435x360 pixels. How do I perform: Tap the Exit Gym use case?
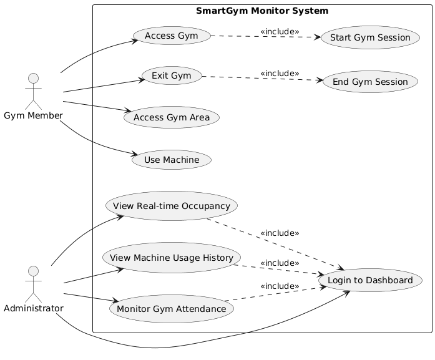coord(171,77)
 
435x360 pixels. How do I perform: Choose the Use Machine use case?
coord(172,160)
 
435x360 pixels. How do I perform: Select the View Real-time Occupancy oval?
coord(172,206)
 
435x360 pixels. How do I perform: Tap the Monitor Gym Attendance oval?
coord(172,308)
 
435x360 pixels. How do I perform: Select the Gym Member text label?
coord(34,115)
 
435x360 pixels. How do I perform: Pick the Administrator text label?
coord(34,309)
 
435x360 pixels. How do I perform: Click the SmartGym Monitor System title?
coord(261,11)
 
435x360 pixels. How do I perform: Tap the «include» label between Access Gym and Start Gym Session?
coord(279,32)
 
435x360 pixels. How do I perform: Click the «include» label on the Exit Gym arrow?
coord(279,73)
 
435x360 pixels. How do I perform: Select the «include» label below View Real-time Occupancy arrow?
coord(279,233)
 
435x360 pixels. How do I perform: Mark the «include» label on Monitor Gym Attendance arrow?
coord(279,286)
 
